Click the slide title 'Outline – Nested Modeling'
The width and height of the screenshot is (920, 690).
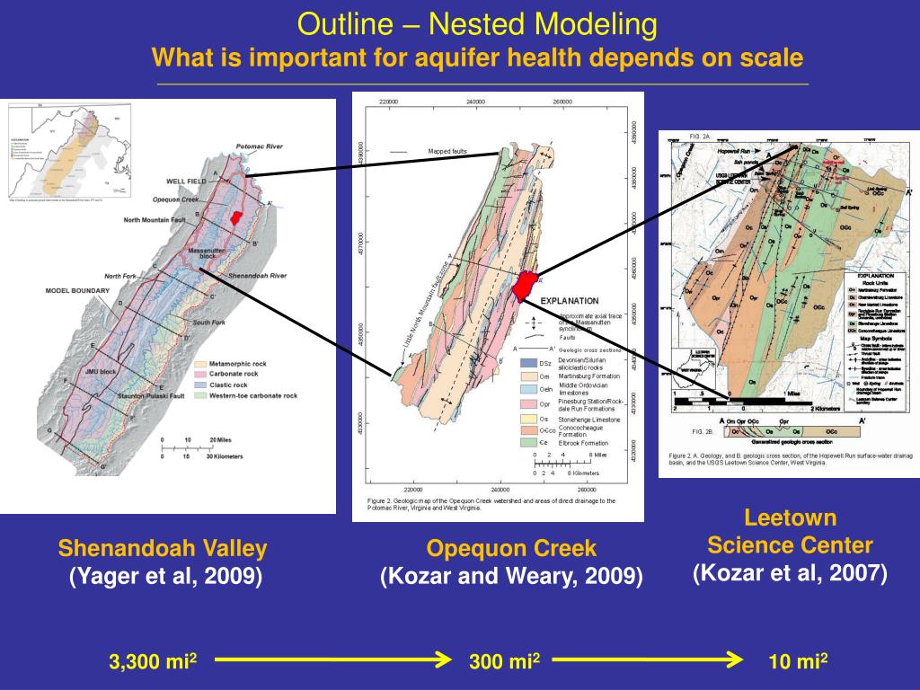point(477,24)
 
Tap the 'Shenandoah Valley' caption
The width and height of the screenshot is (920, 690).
point(163,548)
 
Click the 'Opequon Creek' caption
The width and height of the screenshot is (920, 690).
point(511,548)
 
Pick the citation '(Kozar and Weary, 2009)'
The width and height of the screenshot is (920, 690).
point(511,577)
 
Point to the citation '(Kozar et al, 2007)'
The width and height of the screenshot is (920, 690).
point(790,573)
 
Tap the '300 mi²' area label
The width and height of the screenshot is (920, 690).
point(504,662)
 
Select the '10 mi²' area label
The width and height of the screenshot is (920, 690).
point(798,662)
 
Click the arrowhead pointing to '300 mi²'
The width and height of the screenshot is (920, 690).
point(442,660)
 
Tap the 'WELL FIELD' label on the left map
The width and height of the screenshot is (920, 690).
point(188,181)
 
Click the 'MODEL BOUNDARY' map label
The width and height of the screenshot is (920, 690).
point(77,291)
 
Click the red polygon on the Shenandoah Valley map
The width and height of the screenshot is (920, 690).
point(236,218)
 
